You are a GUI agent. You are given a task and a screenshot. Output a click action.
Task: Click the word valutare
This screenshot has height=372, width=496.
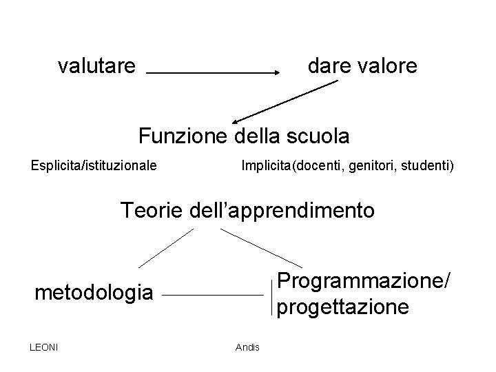point(96,67)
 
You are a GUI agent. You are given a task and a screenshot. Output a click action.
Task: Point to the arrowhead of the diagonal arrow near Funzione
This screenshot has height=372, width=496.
point(235,120)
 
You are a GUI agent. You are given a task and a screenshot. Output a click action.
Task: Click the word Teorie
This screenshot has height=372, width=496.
point(152,209)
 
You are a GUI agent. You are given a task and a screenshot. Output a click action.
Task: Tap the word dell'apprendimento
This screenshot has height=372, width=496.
point(282,209)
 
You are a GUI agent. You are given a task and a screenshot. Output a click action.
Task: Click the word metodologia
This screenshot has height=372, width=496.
point(94,293)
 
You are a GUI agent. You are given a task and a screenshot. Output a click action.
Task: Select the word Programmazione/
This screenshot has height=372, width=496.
point(364,282)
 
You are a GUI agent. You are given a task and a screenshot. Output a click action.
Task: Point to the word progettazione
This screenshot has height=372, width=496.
point(344,307)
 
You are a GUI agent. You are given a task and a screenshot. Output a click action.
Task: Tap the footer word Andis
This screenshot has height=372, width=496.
point(247,347)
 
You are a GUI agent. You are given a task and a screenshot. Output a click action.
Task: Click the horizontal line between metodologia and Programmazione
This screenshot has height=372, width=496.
point(213,296)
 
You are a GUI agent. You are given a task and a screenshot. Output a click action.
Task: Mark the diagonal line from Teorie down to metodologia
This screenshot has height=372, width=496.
point(166,247)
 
